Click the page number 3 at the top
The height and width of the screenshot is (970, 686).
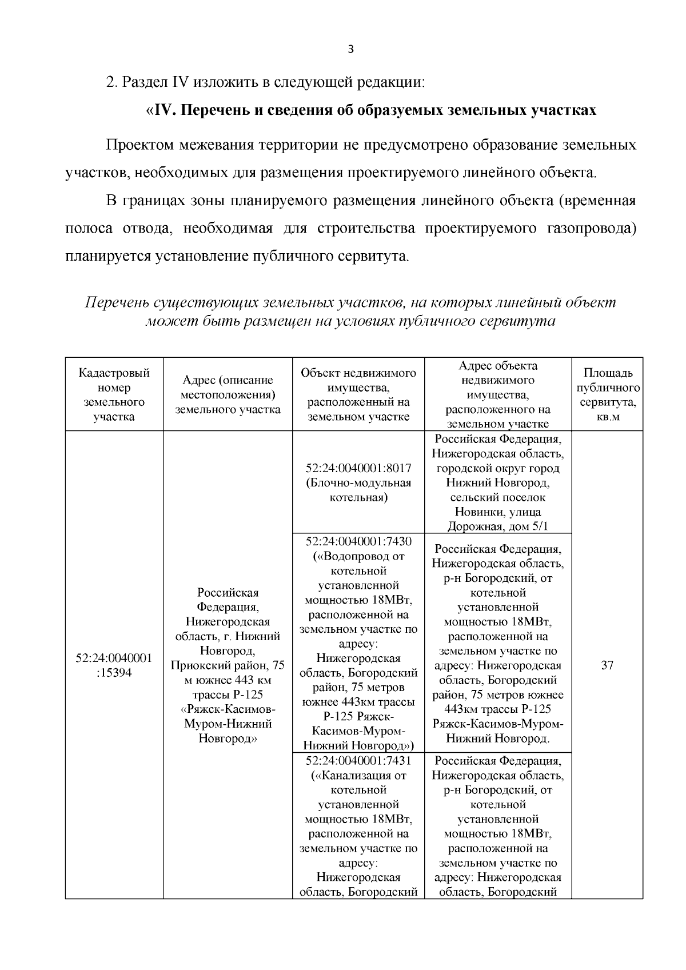[x=350, y=50]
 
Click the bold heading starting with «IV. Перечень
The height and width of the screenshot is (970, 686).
[x=372, y=110]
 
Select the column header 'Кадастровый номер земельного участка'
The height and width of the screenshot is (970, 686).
[x=114, y=394]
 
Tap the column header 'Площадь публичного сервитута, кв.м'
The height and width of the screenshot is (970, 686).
[x=607, y=394]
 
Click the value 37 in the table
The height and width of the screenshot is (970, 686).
[x=607, y=665]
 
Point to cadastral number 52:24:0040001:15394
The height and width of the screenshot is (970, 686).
[x=114, y=665]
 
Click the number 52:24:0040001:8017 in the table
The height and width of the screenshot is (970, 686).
[x=358, y=468]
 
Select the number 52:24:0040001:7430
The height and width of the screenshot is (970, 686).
[x=358, y=541]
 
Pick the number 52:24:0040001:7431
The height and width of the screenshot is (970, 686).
[x=358, y=760]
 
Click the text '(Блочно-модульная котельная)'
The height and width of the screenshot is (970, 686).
[x=358, y=490]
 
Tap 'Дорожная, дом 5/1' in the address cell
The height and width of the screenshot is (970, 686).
[x=497, y=526]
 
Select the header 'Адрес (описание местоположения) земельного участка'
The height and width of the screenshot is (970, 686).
[x=228, y=394]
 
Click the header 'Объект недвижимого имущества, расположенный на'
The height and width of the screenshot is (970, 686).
[x=358, y=394]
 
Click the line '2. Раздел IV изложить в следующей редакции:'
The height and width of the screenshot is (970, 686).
[x=266, y=82]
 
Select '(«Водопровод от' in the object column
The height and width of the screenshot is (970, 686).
[x=358, y=556]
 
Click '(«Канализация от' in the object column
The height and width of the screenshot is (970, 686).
[x=358, y=775]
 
